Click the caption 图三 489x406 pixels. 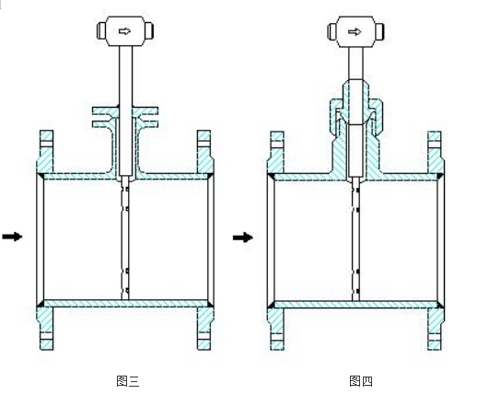tap(128, 381)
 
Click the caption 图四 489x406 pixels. tap(361, 381)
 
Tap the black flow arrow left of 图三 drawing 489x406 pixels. tap(12, 237)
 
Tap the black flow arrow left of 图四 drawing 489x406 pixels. tap(242, 238)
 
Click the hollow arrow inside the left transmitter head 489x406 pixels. tap(124, 31)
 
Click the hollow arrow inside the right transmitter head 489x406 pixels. tap(355, 31)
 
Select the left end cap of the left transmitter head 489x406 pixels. tap(101, 30)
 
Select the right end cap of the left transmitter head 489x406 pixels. tap(149, 30)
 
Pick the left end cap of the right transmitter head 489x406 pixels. tap(332, 31)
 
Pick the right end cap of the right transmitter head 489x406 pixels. tap(379, 31)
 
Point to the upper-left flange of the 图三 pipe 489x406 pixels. tap(45, 153)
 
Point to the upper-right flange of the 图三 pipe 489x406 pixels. tap(204, 153)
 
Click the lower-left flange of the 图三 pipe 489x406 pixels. tap(45, 328)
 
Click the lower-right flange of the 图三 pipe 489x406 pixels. tap(204, 328)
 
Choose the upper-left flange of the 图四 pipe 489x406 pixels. tap(276, 153)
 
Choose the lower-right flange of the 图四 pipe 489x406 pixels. tap(436, 329)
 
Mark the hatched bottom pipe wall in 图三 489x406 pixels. tap(125, 304)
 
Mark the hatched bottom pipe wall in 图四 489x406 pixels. tap(355, 305)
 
